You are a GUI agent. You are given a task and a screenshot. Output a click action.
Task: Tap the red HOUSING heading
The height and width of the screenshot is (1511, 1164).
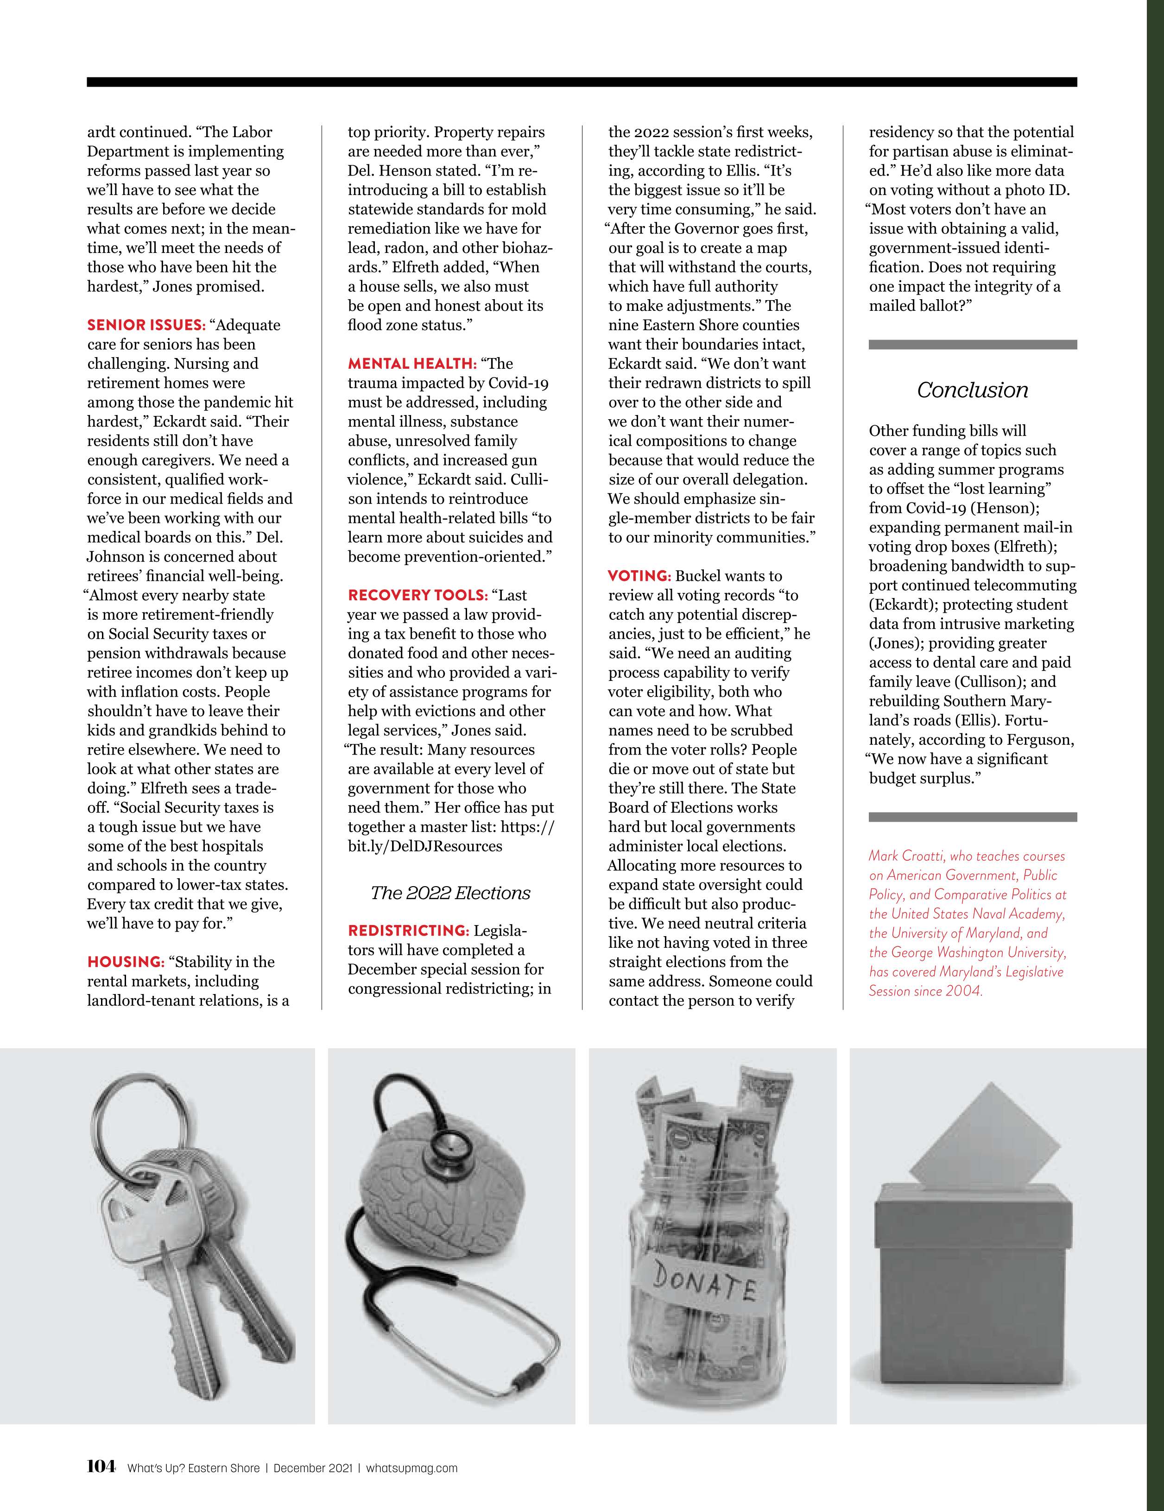click(x=125, y=962)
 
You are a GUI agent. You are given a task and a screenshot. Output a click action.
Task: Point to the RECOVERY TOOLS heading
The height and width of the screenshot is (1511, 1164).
click(x=418, y=595)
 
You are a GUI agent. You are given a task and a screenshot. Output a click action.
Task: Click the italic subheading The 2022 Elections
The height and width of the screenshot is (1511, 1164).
click(x=450, y=893)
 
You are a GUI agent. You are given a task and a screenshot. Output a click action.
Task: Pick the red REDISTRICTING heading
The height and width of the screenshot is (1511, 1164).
click(x=408, y=931)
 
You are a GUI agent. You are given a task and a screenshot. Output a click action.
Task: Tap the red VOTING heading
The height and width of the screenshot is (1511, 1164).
click(x=639, y=576)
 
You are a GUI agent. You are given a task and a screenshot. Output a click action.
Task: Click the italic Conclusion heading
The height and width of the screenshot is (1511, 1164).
click(x=972, y=390)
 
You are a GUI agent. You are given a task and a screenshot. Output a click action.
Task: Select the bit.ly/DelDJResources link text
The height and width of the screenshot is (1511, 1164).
click(x=425, y=846)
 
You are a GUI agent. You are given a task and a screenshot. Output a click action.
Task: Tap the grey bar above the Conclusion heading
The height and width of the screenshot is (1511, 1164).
click(x=972, y=345)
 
